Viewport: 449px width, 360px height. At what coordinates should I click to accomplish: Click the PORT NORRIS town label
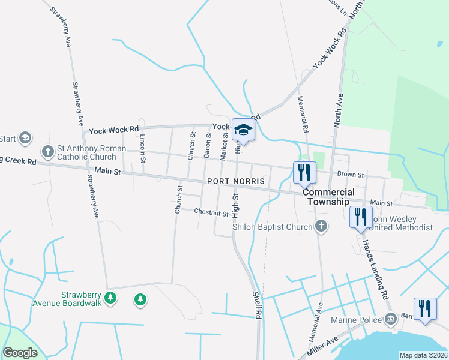coord(235,181)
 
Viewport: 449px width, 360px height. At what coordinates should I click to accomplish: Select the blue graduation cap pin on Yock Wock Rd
coord(244,130)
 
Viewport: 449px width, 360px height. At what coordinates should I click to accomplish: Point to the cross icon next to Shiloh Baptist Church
coord(321,226)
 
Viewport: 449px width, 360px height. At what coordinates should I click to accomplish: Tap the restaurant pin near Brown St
coord(304,172)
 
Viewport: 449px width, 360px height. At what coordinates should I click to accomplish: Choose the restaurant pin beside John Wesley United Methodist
coord(360,217)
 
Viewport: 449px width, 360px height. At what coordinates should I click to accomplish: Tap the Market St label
coord(224,146)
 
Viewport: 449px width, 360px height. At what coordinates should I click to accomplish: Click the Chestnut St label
coord(211,212)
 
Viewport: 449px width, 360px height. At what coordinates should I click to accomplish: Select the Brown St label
coord(351,175)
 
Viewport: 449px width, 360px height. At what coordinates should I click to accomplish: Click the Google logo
coord(20,353)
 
